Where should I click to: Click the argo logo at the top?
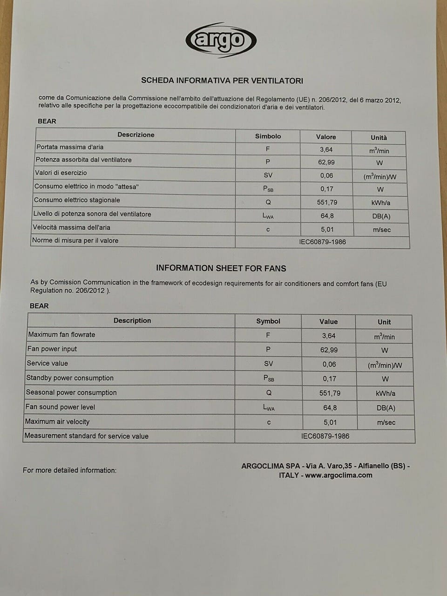point(221,40)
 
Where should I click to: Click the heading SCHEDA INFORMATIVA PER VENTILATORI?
point(222,81)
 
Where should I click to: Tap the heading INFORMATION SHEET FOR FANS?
point(221,268)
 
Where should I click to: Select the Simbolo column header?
point(268,136)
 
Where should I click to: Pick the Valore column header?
point(326,137)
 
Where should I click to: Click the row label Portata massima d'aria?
point(70,147)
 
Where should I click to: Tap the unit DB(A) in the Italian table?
point(381,216)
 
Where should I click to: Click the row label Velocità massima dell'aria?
point(71,228)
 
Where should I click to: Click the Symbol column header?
point(268,321)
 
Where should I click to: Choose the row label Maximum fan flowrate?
point(61,334)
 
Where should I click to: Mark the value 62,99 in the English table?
point(329,350)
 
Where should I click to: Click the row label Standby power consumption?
point(70,378)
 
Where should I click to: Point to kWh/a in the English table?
point(386,393)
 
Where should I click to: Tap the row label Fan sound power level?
point(60,407)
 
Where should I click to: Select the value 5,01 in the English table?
point(330,422)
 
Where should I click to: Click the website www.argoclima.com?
point(339,475)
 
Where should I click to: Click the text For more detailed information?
point(70,470)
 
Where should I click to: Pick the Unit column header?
point(384,322)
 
